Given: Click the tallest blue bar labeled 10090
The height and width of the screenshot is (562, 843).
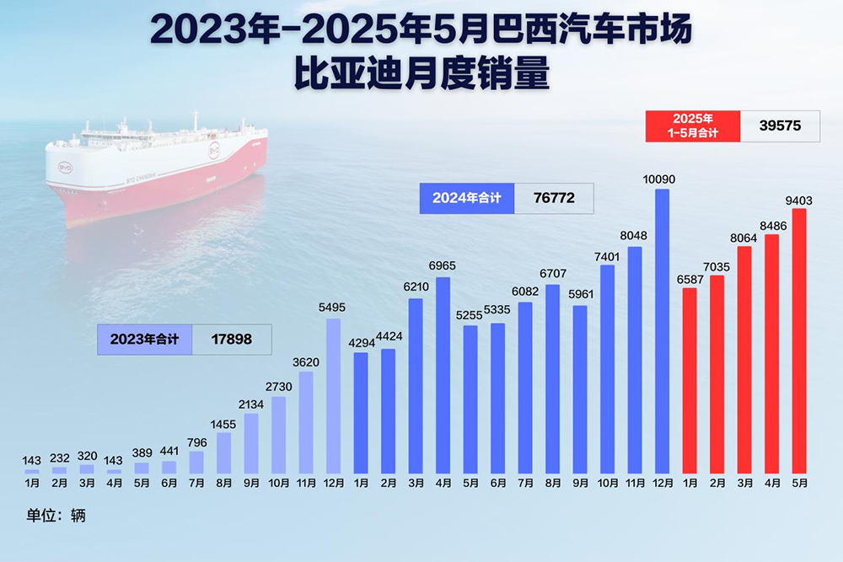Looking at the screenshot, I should pos(662,330).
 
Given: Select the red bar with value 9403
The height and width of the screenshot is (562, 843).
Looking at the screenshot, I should pos(799,340).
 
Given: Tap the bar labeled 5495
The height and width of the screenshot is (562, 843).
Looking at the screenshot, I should pos(333,395).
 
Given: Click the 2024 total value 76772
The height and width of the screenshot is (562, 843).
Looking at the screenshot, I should pos(554,198).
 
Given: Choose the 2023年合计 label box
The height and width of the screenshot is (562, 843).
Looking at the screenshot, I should pos(145,340).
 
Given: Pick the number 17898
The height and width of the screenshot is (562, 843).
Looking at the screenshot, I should pos(232,340).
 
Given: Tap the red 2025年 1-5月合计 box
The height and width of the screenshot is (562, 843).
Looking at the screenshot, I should pos(692,126).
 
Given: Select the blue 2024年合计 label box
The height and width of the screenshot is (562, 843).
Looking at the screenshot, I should pos(466,198).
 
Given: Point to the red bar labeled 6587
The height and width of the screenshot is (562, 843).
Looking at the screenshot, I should pos(690,380).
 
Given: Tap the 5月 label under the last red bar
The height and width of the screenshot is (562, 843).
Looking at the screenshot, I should pos(799,484).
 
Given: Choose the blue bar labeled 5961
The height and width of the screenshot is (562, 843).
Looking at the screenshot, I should pos(580,388).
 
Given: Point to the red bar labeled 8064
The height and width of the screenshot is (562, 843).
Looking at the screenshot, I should pos(744,359).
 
